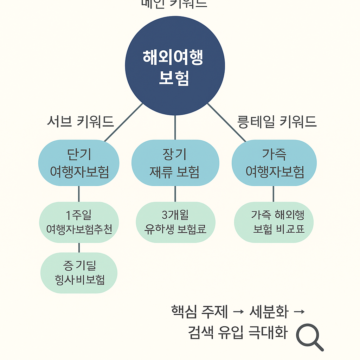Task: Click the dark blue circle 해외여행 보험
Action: pos(175,66)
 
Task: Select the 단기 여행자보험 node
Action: pos(79,163)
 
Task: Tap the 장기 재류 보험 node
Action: pos(175,163)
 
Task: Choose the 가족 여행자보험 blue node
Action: pos(274,163)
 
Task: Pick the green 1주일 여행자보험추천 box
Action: pos(79,222)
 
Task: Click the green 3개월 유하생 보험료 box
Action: pos(175,222)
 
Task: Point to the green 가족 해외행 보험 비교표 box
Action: pos(274,222)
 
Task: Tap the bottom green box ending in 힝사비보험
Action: pos(79,273)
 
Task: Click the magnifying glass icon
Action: pos(308,336)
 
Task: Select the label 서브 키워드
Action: pos(81,122)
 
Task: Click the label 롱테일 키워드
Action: pos(277,122)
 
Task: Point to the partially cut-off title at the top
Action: pos(174,4)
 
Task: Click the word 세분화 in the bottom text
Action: pos(269,312)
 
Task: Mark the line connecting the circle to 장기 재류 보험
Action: pos(175,127)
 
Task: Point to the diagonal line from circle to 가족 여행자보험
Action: pos(227,122)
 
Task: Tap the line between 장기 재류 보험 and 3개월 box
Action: pos(175,194)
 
